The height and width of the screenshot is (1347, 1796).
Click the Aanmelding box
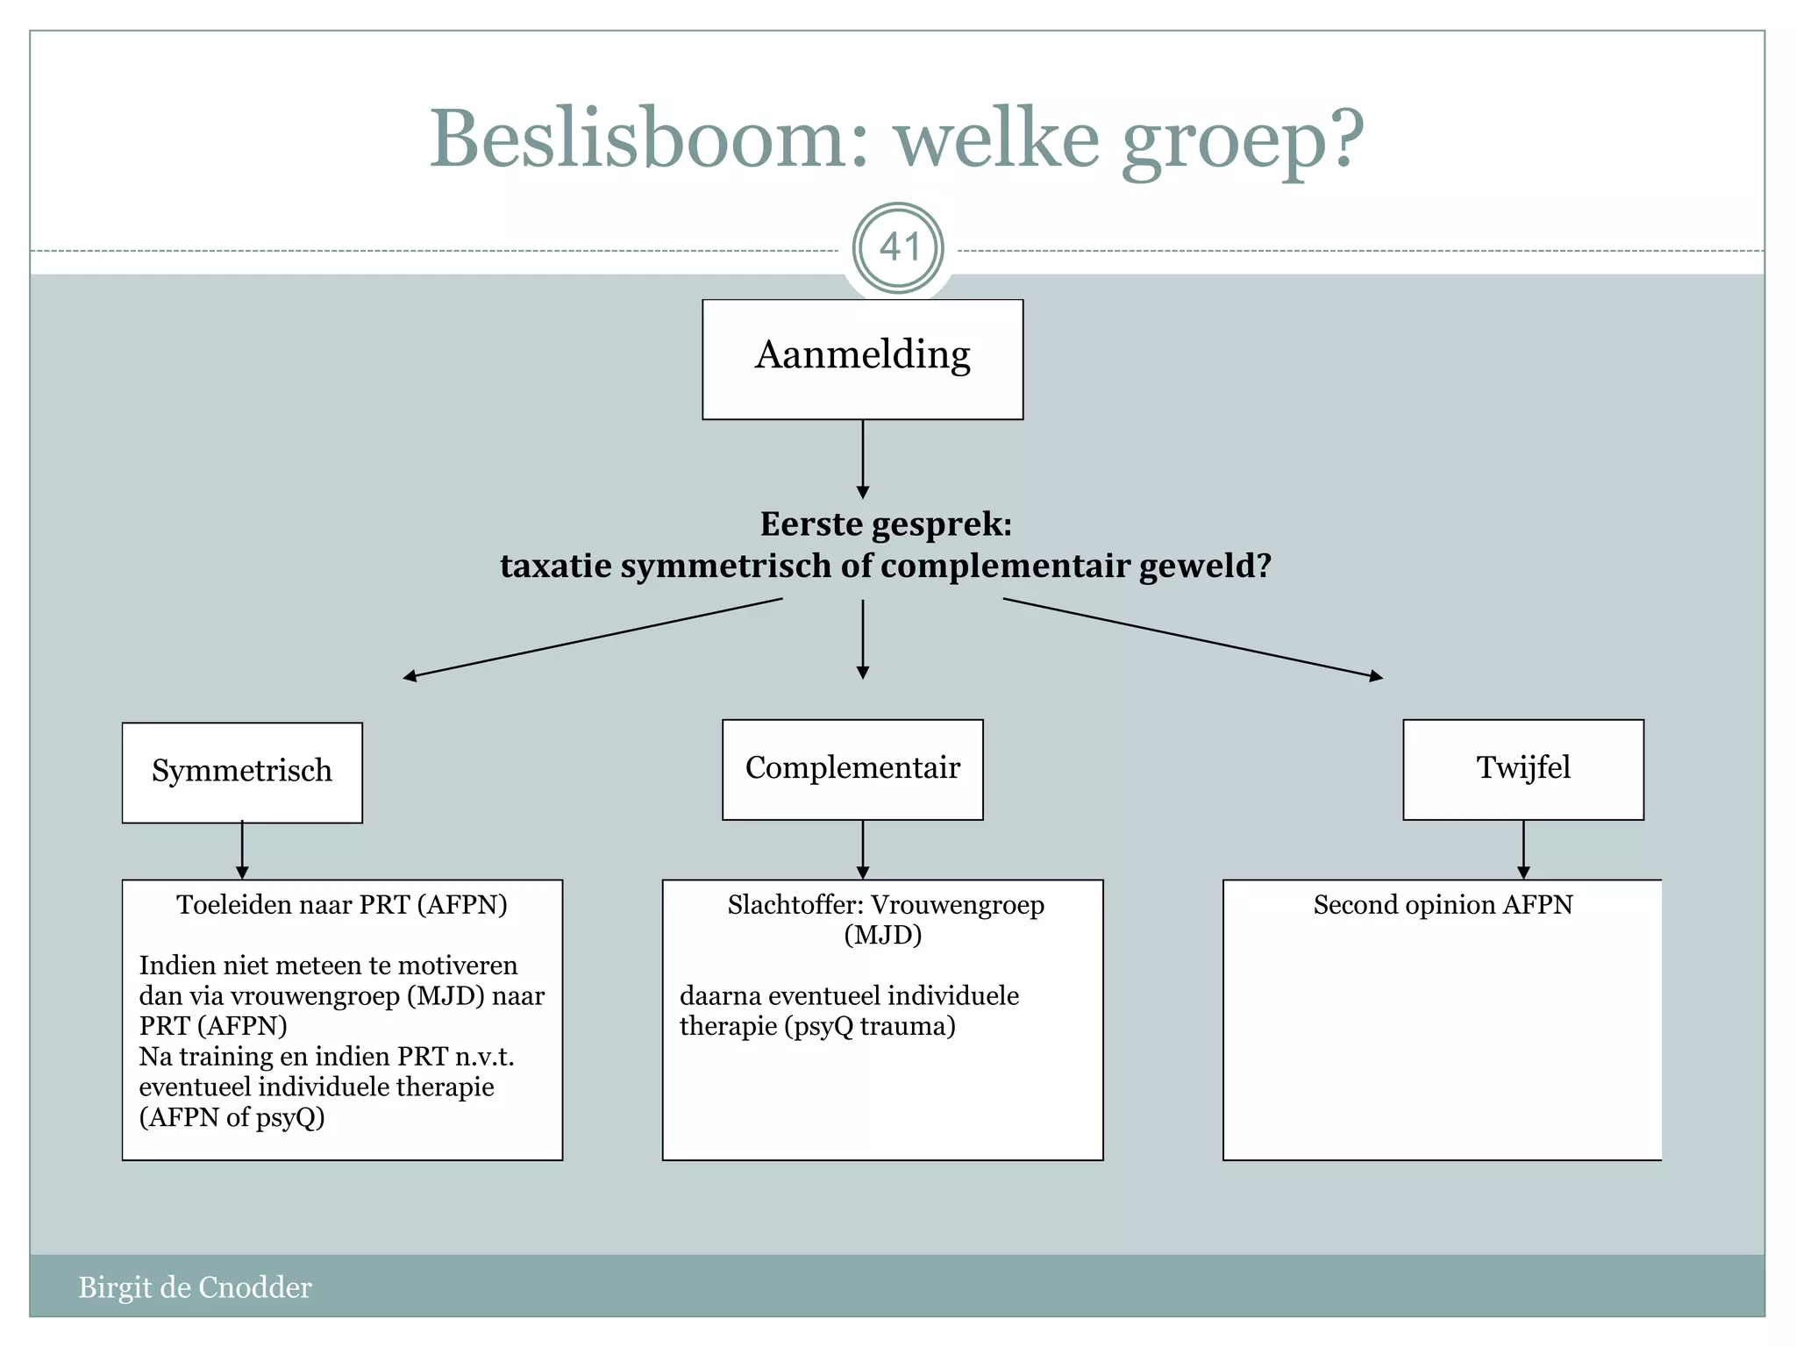pyautogui.click(x=862, y=359)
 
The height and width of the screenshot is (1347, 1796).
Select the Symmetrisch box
pyautogui.click(x=242, y=772)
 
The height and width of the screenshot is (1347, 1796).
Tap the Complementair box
pyautogui.click(x=852, y=769)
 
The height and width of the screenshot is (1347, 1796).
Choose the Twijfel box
pyautogui.click(x=1523, y=769)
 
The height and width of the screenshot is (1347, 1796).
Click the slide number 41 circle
pyautogui.click(x=898, y=248)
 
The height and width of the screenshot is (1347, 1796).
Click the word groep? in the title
pyautogui.click(x=1242, y=140)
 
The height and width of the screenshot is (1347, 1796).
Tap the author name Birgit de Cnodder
pyautogui.click(x=195, y=1286)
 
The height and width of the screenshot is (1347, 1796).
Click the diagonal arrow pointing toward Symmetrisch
pyautogui.click(x=592, y=638)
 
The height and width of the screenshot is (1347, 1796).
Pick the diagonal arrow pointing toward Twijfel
pyautogui.click(x=1193, y=638)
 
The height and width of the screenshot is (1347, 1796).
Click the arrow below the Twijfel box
pyautogui.click(x=1523, y=849)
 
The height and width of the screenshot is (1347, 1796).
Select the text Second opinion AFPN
pyautogui.click(x=1443, y=904)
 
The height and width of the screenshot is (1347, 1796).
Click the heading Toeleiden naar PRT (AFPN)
pyautogui.click(x=342, y=904)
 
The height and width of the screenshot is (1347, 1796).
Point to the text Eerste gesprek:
pyautogui.click(x=886, y=524)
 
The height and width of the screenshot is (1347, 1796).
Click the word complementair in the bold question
pyautogui.click(x=1004, y=566)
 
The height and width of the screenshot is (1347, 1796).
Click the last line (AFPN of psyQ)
pyautogui.click(x=232, y=1116)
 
